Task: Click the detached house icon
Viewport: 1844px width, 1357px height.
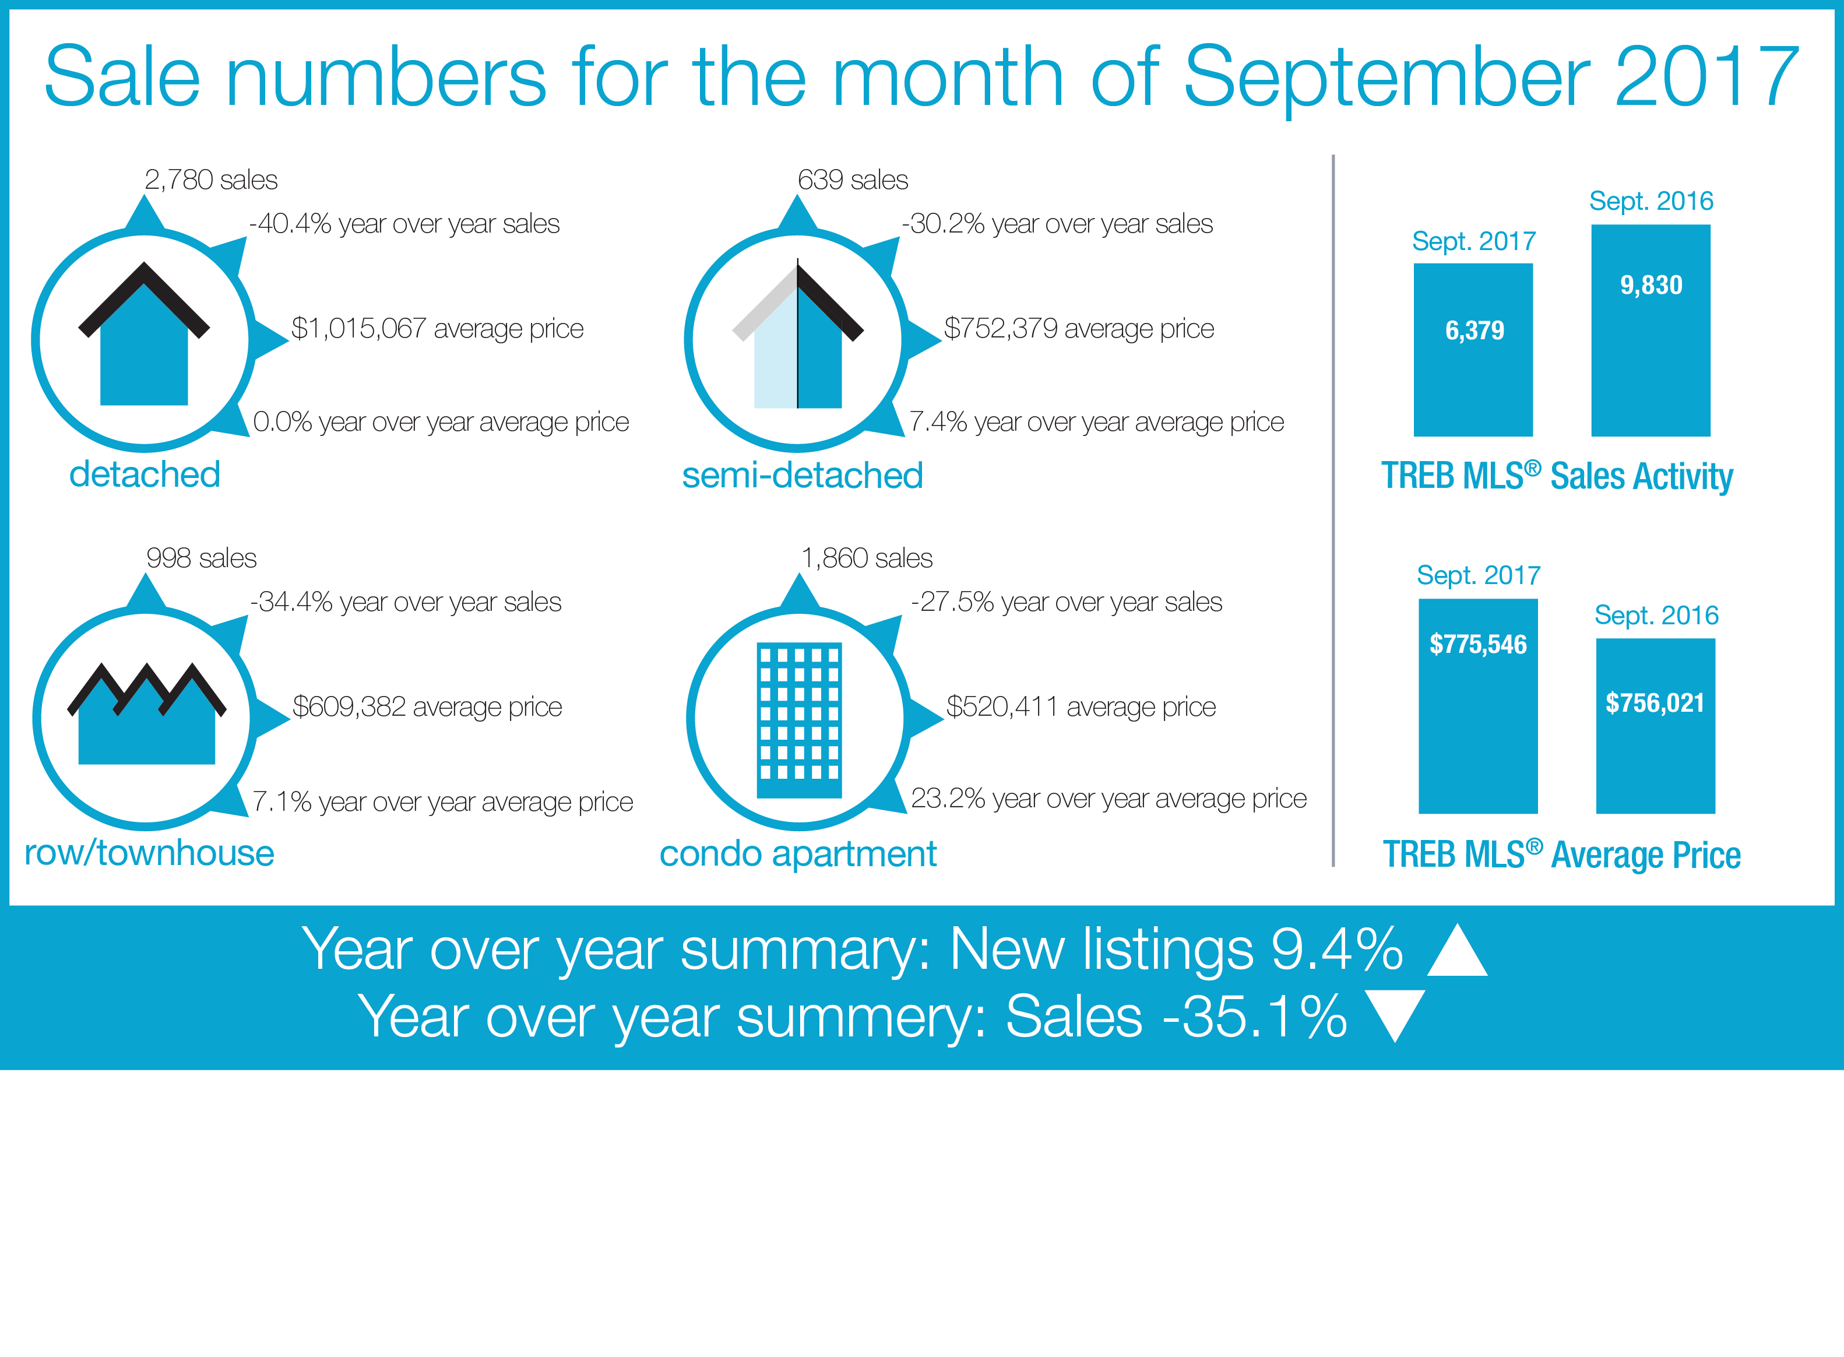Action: [x=144, y=335]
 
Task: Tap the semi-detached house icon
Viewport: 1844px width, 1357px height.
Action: [x=797, y=335]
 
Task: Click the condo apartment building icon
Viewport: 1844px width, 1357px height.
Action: [x=798, y=719]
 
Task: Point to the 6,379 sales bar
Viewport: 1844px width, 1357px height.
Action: [x=1473, y=350]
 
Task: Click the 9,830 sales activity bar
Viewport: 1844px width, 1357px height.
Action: [x=1651, y=330]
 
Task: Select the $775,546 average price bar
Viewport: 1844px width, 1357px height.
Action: [x=1477, y=706]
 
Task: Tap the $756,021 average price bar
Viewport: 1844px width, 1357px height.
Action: [x=1655, y=726]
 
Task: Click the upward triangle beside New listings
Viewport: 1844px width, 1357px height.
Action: [x=1457, y=950]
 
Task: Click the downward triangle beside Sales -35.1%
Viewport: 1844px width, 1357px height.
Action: [x=1395, y=1016]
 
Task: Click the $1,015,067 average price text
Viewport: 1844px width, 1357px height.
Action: [x=438, y=329]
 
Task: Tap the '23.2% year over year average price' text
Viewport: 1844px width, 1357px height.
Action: [x=1109, y=799]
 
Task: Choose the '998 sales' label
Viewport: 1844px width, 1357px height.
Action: [x=201, y=558]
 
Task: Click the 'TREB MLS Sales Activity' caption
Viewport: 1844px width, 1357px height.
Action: [x=1557, y=476]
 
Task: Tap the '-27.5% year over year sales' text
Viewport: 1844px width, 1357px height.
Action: [x=1066, y=603]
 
